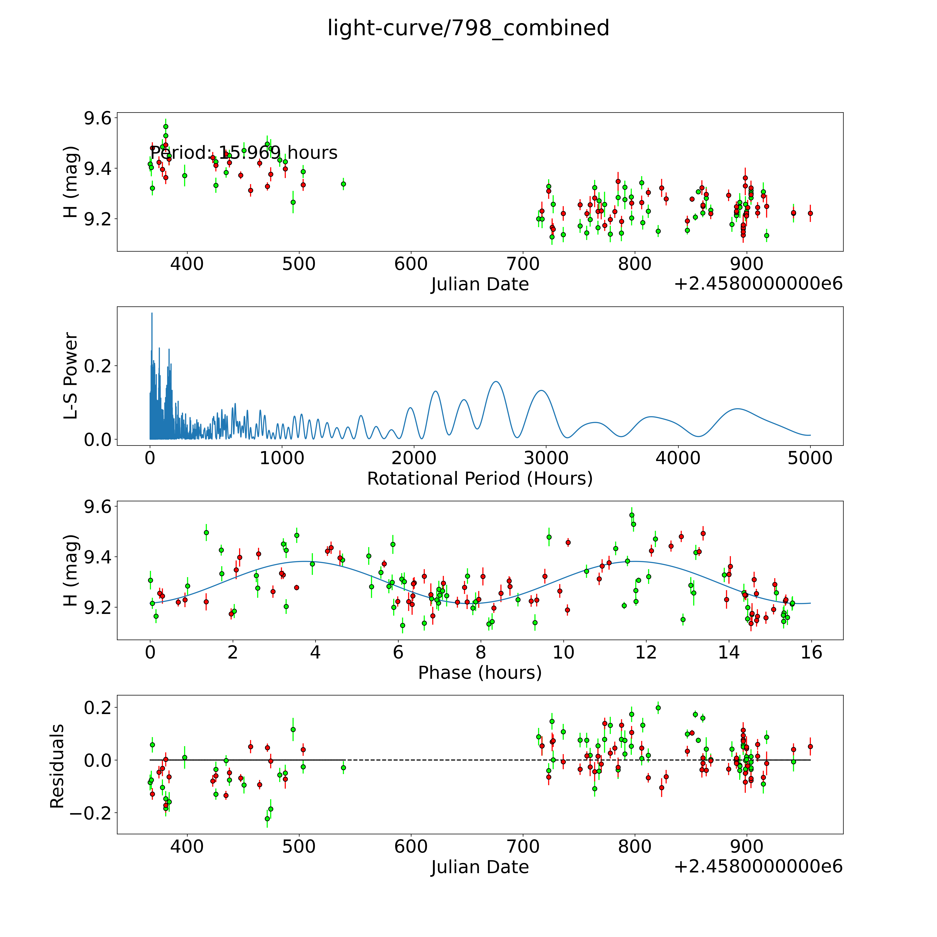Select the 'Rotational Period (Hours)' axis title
480,479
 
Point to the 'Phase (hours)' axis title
480,673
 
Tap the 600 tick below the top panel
411,264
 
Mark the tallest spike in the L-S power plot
152,313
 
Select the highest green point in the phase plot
631,515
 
